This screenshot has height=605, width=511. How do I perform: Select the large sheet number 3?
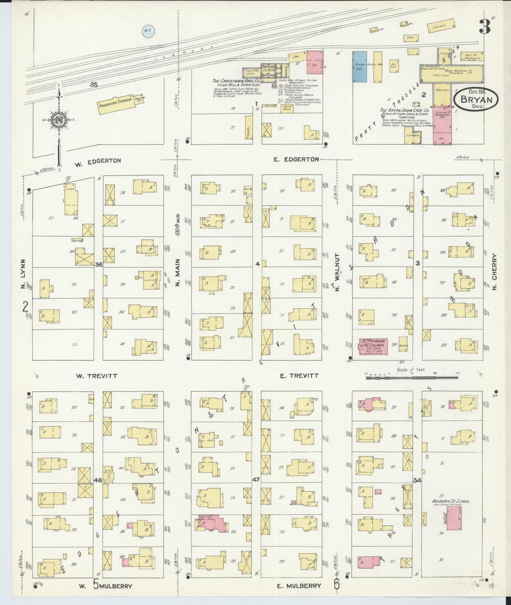tap(485, 27)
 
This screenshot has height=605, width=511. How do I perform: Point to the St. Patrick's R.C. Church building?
tap(373, 346)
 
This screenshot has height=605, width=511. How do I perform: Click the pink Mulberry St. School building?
tap(454, 518)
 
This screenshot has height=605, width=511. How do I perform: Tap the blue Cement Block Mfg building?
tap(360, 67)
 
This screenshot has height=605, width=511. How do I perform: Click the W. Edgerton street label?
tap(98, 161)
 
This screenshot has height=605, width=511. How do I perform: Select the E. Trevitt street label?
tap(299, 376)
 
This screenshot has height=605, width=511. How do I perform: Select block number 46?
tap(98, 480)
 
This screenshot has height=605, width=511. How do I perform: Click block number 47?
tap(256, 480)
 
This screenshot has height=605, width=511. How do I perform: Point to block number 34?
tap(417, 480)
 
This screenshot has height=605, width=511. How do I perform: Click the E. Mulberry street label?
tap(299, 586)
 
